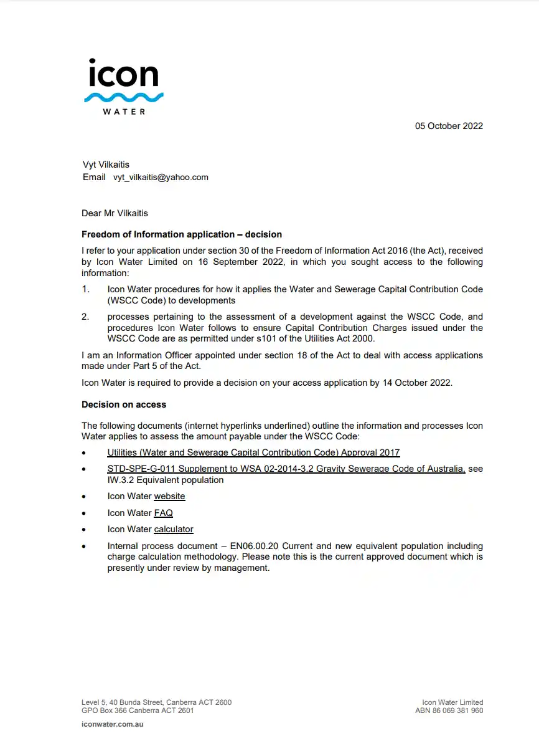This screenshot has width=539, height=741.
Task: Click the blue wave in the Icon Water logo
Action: pos(123,97)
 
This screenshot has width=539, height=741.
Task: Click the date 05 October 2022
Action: pos(449,126)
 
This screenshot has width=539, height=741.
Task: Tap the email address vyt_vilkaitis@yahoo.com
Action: pos(161,177)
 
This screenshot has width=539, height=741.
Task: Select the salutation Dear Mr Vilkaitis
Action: pos(115,213)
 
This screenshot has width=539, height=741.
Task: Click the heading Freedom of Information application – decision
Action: pos(182,234)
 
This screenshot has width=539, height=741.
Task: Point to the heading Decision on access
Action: pos(124,404)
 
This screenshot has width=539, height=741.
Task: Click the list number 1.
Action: pos(86,289)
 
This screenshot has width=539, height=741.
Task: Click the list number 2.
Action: pos(86,317)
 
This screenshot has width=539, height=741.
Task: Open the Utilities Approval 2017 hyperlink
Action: pos(253,452)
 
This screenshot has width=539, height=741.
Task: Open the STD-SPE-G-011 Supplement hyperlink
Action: pos(286,469)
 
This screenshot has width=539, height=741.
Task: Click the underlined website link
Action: pos(169,496)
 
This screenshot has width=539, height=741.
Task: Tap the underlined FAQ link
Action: pos(163,513)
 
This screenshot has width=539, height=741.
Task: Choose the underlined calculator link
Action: pos(174,529)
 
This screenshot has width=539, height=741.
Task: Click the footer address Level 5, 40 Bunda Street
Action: pos(156,702)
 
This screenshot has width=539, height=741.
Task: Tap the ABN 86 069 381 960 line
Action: pos(449,710)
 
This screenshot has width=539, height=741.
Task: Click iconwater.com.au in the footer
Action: pos(113,724)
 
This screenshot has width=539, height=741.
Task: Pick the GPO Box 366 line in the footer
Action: pos(138,710)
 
